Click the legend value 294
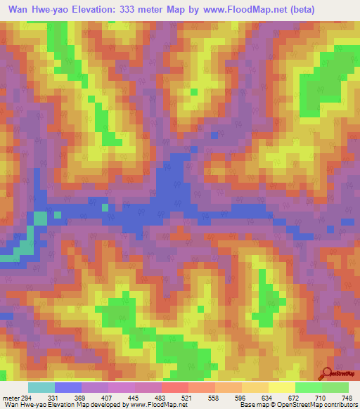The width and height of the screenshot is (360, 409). pos(27,397)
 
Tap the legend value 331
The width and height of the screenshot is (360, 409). pos(52,397)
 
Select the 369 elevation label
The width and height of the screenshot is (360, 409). pos(79,397)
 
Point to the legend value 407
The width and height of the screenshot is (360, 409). pos(105,397)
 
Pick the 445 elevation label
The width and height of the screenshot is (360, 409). pos(132,397)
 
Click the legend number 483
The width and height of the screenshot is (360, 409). pos(159,397)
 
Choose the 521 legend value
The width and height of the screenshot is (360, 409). pos(186,397)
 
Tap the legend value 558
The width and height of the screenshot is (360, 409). pos(212,397)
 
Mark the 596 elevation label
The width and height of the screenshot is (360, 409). pos(239,397)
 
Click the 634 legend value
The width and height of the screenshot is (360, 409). pos(266,397)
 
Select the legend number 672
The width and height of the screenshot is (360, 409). pos(292,397)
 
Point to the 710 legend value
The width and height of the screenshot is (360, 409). pos(319,397)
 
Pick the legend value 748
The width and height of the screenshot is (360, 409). pos(346,397)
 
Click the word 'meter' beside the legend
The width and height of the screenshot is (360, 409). pos(9,397)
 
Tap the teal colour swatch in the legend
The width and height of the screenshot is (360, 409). pos(41,387)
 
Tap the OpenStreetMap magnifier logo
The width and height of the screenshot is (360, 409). pos(327,372)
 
